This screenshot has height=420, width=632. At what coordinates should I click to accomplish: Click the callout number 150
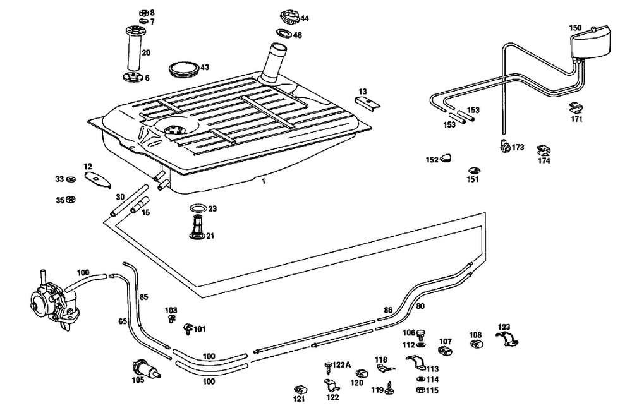tap(575, 28)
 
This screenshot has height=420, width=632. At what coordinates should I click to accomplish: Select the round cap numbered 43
tap(184, 68)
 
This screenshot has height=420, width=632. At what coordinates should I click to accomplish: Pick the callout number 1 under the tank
tap(264, 181)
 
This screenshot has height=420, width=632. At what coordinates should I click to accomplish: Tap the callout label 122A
tap(341, 364)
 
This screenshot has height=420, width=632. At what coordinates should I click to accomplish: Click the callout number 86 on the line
tap(388, 310)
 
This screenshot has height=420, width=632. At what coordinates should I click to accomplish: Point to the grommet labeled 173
tap(504, 147)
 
